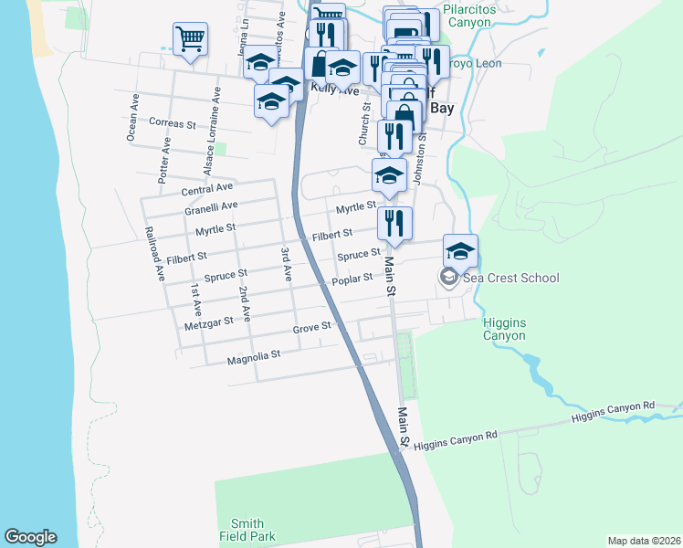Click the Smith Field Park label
247,530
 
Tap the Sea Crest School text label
510,278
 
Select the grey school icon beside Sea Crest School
448,278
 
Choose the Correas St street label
173,123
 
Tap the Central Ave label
207,189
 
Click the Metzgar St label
208,321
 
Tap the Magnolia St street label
254,354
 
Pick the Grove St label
311,328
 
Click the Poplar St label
352,279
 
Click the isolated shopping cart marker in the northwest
191,39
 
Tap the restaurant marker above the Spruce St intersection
394,223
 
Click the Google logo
30,537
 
